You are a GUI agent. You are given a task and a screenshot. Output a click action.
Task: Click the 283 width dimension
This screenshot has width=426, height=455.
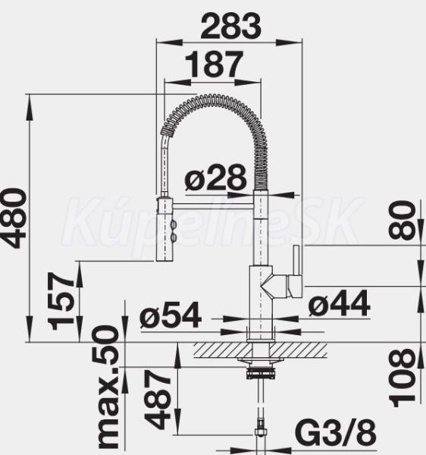click(x=231, y=26)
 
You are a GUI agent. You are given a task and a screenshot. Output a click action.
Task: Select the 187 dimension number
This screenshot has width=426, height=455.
click(x=214, y=64)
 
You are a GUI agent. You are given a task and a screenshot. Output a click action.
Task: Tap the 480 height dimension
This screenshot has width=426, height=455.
click(x=14, y=218)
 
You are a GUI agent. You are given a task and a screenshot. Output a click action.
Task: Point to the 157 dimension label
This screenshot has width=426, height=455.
click(x=61, y=301)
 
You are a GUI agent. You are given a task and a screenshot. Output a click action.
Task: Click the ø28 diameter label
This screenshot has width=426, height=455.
click(x=215, y=177)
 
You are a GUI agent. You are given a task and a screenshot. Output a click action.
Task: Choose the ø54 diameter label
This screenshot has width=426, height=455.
click(x=171, y=315)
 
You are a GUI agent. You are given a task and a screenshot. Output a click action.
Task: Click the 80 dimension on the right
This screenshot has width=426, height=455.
click(x=402, y=221)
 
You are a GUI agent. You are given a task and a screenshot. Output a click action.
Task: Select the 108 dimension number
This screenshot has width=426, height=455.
click(x=402, y=378)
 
